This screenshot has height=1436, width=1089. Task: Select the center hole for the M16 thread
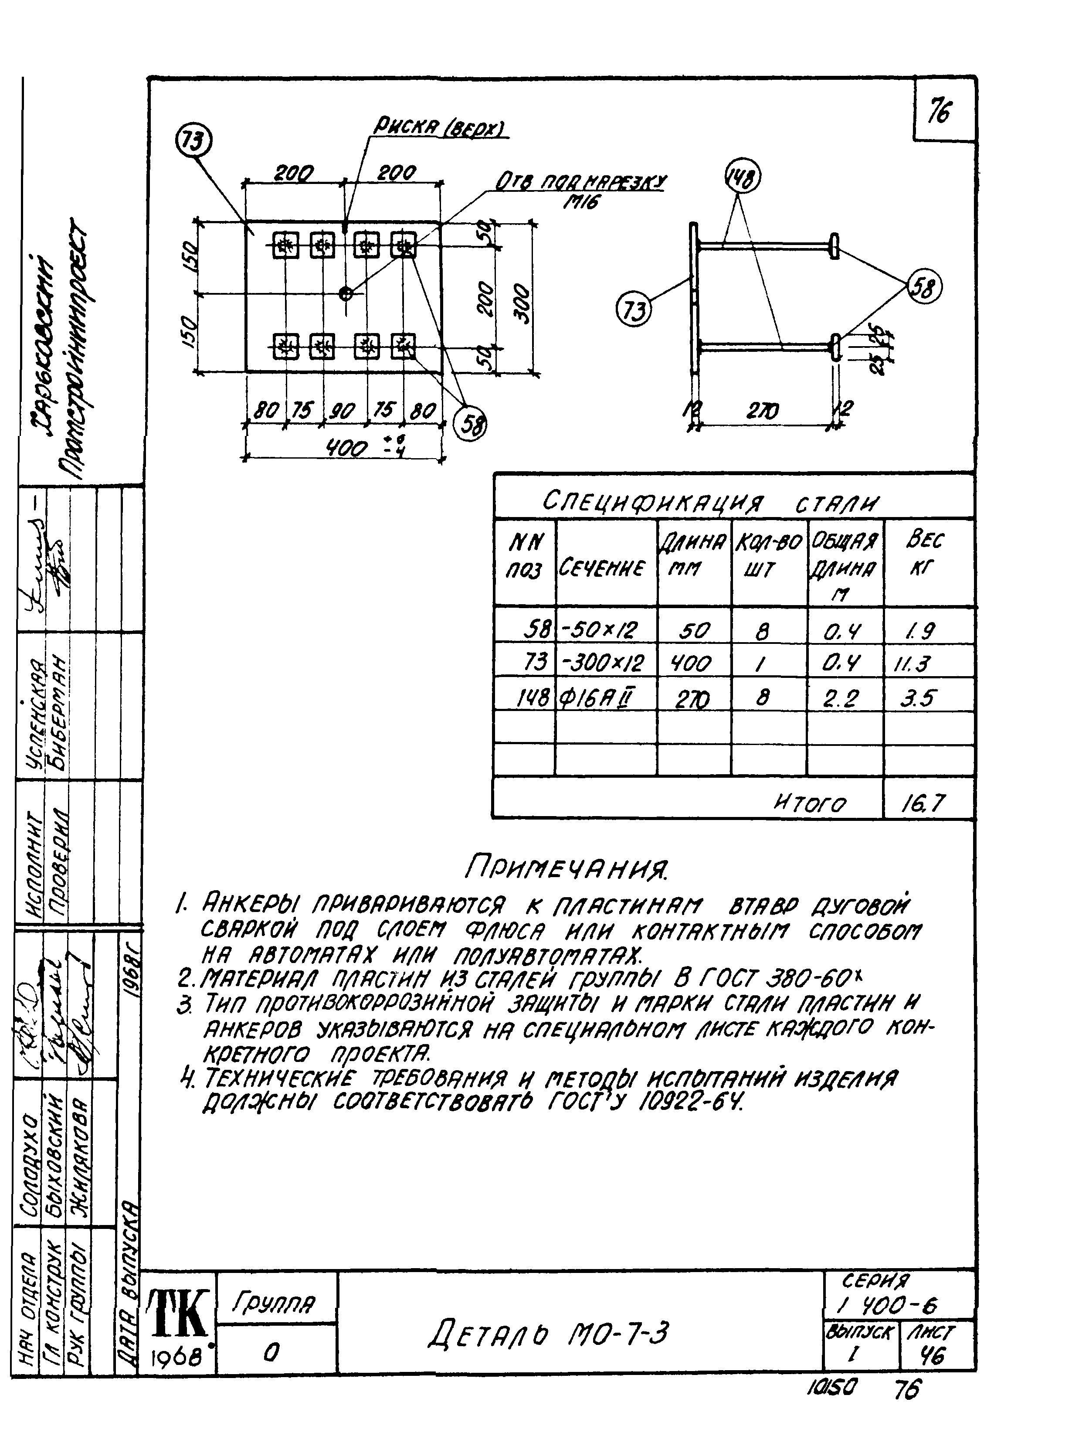[346, 293]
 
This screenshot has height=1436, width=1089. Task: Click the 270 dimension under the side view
[763, 411]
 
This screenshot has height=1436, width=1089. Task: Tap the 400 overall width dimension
[347, 448]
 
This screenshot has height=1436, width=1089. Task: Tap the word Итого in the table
[810, 804]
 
